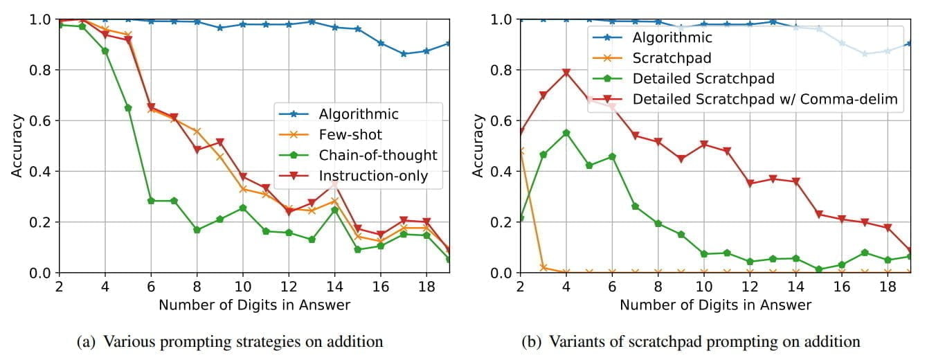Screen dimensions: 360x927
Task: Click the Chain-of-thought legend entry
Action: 378,155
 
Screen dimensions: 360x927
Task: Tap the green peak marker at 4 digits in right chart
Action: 566,133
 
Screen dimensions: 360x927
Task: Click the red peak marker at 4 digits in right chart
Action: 566,73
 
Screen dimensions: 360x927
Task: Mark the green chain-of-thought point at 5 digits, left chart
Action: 128,108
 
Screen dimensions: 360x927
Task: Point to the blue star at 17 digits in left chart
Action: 404,53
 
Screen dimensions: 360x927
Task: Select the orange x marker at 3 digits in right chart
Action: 543,268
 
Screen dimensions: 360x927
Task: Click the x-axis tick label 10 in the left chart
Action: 242,285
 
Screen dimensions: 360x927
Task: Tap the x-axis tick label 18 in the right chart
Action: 888,285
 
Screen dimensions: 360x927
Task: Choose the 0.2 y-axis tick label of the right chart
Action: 502,222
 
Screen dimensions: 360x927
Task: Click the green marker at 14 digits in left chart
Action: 334,210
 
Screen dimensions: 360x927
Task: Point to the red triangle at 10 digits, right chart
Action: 704,144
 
